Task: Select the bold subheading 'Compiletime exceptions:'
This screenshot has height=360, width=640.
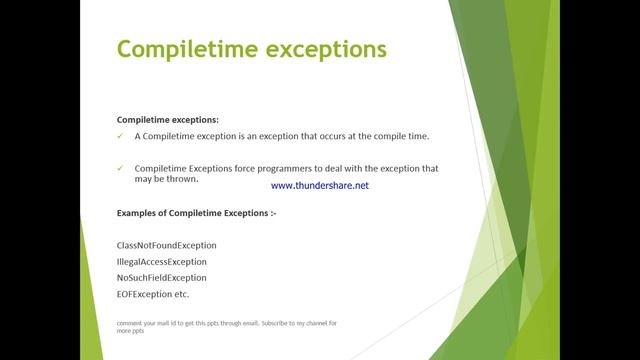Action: click(167, 119)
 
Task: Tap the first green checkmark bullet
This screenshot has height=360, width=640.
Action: click(121, 136)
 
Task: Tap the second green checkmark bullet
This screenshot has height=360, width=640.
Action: click(121, 169)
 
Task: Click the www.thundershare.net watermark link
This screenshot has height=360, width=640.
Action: click(320, 186)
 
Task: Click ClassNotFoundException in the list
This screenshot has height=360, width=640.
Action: click(166, 245)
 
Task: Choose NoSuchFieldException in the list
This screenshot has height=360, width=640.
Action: click(162, 278)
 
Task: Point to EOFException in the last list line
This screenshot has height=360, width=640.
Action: click(145, 294)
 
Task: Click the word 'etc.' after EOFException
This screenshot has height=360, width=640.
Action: click(182, 294)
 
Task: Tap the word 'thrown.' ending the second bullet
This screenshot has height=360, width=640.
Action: click(185, 179)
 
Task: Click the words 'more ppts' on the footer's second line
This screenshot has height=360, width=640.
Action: click(131, 331)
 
